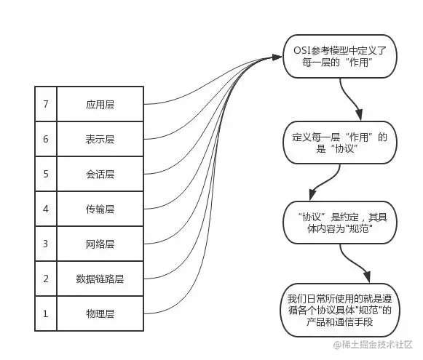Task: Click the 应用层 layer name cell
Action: [x=100, y=104]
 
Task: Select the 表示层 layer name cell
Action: [x=100, y=139]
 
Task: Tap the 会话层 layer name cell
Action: [x=100, y=174]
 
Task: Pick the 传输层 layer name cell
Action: [x=100, y=209]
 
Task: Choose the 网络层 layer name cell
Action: [x=100, y=244]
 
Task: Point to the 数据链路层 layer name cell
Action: [x=100, y=279]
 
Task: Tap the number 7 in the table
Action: [x=45, y=104]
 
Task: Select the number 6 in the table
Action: [x=45, y=139]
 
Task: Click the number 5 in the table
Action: [x=45, y=174]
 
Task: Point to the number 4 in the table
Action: [x=45, y=209]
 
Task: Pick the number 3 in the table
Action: [x=45, y=244]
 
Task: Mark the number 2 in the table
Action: [x=45, y=279]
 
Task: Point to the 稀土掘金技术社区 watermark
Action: [x=373, y=344]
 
